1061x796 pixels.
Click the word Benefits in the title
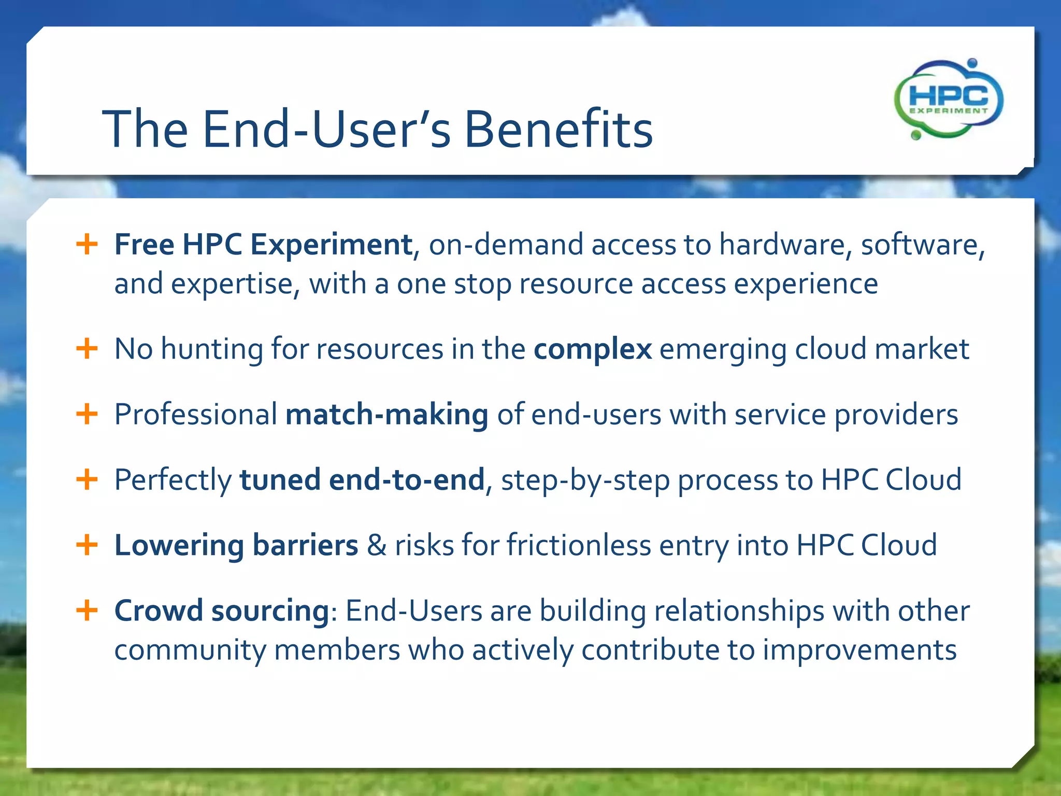tap(558, 129)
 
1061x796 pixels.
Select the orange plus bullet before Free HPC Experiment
tap(87, 244)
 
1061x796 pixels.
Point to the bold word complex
tap(593, 349)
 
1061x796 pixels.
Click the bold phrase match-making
tap(386, 415)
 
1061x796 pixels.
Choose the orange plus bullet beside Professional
tap(87, 414)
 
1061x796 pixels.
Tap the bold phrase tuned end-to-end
tap(362, 480)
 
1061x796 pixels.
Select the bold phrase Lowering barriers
tap(236, 545)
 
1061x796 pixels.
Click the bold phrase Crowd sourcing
tap(222, 610)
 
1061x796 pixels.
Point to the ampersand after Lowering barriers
tap(377, 545)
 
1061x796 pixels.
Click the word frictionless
tap(578, 545)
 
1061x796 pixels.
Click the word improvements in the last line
tap(859, 650)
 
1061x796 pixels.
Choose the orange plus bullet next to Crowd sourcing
tap(87, 610)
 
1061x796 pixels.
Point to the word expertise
tap(232, 284)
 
